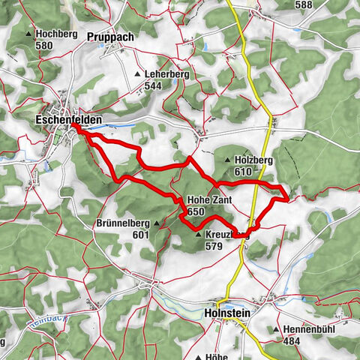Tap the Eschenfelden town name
(x=68, y=118)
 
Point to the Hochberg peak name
(x=56, y=34)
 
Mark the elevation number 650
(x=196, y=211)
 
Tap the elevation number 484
(x=296, y=341)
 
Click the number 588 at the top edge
(x=304, y=5)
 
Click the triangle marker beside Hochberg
(x=29, y=34)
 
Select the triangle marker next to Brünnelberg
(x=157, y=223)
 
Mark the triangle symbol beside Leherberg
(x=137, y=75)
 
